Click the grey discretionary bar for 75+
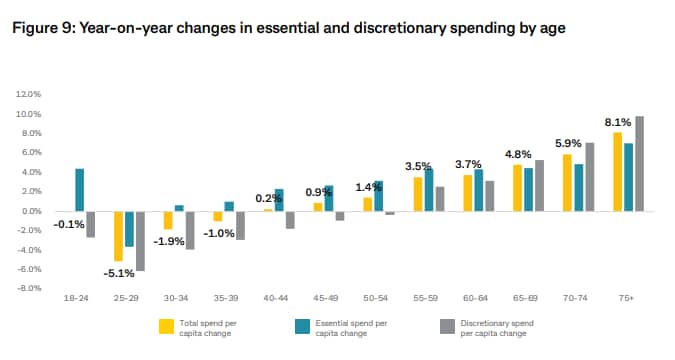pos(639,164)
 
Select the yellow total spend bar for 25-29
pos(118,236)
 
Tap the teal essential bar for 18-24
pos(79,190)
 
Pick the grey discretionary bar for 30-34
pos(189,230)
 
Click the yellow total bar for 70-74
pos(567,183)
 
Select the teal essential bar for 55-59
pos(429,190)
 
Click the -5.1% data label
pos(119,272)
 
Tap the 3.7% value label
pos(467,164)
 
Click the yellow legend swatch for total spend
pos(168,324)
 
